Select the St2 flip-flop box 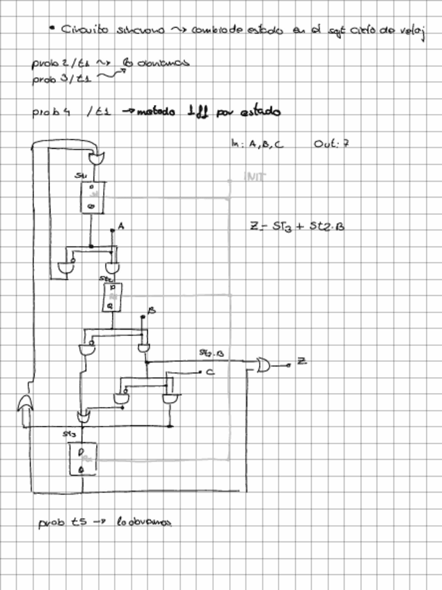(x=111, y=296)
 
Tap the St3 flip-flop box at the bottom (x=82, y=459)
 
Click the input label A (x=120, y=227)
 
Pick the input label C (x=209, y=374)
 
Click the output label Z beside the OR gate (x=301, y=360)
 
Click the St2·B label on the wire (x=211, y=354)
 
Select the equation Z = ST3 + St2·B (x=297, y=226)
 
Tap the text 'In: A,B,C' (x=253, y=144)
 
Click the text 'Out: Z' (x=331, y=144)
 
